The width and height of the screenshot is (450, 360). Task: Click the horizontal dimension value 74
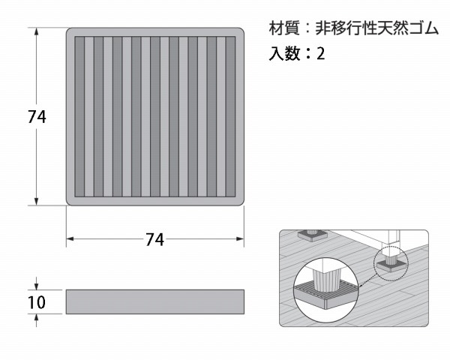[x=154, y=239]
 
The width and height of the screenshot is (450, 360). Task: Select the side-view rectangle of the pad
[x=155, y=301]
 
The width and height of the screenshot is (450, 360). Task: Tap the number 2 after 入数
[x=319, y=55]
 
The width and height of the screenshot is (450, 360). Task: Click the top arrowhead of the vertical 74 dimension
[x=37, y=32]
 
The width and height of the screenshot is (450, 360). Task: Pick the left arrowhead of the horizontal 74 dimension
[x=70, y=239]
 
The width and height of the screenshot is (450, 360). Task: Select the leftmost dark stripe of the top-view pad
[x=80, y=117]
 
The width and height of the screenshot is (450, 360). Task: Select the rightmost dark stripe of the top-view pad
[x=230, y=117]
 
